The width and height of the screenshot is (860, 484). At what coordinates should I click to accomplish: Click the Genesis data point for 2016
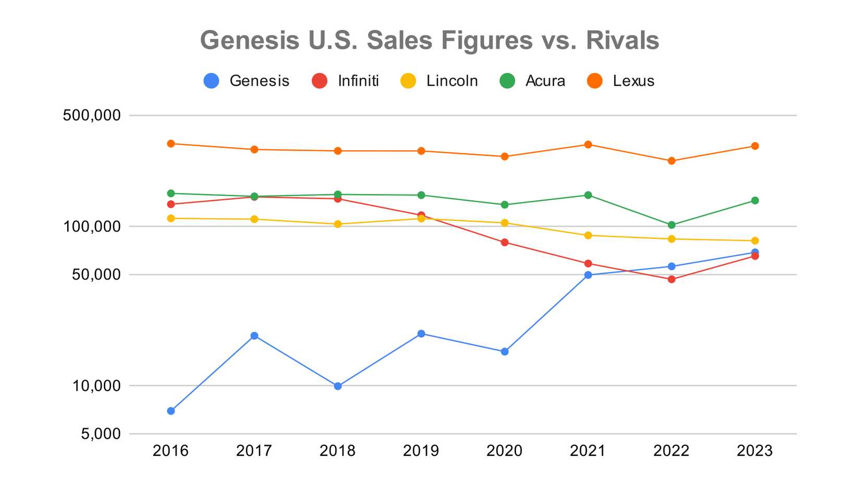[171, 411]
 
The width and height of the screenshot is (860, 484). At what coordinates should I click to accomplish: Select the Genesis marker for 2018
[338, 386]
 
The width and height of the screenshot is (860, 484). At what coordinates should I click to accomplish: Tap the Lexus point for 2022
[671, 161]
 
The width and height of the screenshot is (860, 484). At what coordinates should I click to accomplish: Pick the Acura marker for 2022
[671, 225]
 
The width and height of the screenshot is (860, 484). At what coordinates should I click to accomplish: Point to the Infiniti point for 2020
[505, 243]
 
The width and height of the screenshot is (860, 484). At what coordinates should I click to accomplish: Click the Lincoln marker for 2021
[588, 235]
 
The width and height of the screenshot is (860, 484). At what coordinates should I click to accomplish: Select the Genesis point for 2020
[505, 352]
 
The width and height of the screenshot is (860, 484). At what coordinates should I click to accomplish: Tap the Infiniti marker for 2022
[671, 279]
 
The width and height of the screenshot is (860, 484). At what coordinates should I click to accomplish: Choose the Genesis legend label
[259, 81]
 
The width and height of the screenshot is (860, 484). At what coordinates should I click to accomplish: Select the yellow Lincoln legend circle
[408, 81]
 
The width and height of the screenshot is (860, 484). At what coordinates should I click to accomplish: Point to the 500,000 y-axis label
[92, 115]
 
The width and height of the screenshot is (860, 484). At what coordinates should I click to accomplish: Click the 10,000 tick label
[96, 386]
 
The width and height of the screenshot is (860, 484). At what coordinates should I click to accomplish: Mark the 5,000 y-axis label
[101, 434]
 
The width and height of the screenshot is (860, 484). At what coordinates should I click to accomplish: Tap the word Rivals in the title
[622, 40]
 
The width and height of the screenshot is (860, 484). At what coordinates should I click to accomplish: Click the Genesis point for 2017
[254, 336]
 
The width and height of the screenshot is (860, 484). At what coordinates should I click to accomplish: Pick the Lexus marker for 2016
[171, 143]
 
